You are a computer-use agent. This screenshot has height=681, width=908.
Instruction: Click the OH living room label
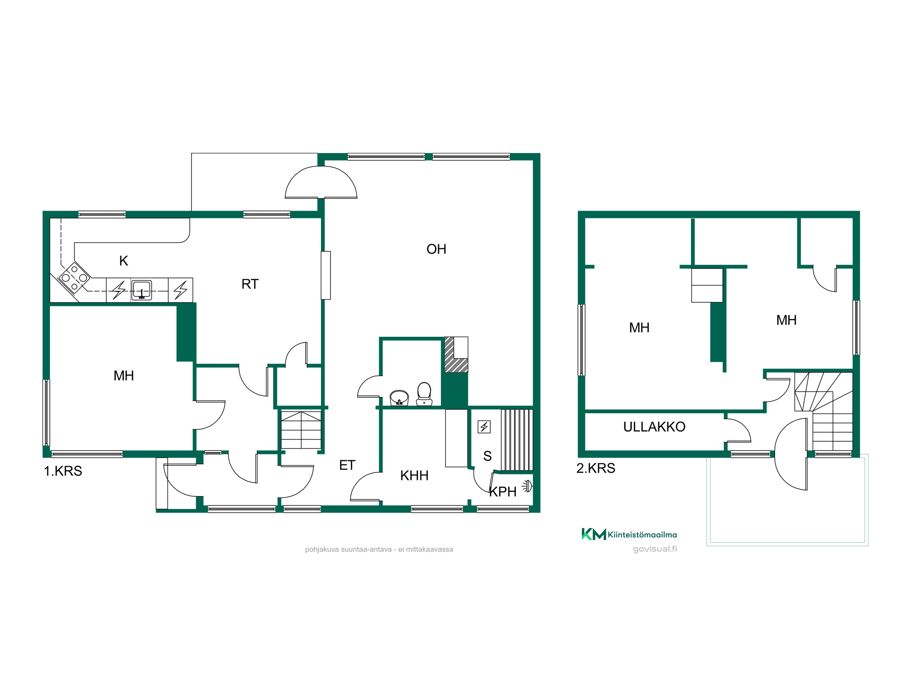click(436, 249)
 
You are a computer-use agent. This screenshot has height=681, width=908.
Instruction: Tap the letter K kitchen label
click(123, 261)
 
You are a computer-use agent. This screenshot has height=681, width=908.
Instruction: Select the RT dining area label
click(250, 284)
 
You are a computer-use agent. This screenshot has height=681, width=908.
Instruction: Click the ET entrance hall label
click(347, 465)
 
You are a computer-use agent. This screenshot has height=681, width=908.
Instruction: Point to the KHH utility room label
click(414, 475)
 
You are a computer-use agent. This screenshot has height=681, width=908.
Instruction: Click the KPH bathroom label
click(503, 492)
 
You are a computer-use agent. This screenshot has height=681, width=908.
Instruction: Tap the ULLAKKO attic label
click(654, 427)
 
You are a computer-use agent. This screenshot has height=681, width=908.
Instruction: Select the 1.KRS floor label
click(63, 471)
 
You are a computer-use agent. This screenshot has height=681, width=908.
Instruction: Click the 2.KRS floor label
click(596, 468)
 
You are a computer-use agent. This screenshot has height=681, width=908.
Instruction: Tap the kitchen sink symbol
click(142, 290)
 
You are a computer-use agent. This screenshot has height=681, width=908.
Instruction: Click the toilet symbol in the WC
click(424, 394)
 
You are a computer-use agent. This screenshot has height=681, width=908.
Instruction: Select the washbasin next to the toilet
click(399, 398)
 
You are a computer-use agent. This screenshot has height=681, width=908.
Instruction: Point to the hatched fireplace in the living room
click(456, 355)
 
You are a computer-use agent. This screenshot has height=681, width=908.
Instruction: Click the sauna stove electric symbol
click(484, 427)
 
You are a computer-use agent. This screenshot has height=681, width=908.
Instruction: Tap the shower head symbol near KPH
click(527, 486)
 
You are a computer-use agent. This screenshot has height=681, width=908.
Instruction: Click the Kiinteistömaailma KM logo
click(629, 534)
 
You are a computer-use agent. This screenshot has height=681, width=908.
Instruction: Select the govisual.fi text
click(655, 549)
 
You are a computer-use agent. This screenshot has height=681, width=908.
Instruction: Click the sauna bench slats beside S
click(517, 440)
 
